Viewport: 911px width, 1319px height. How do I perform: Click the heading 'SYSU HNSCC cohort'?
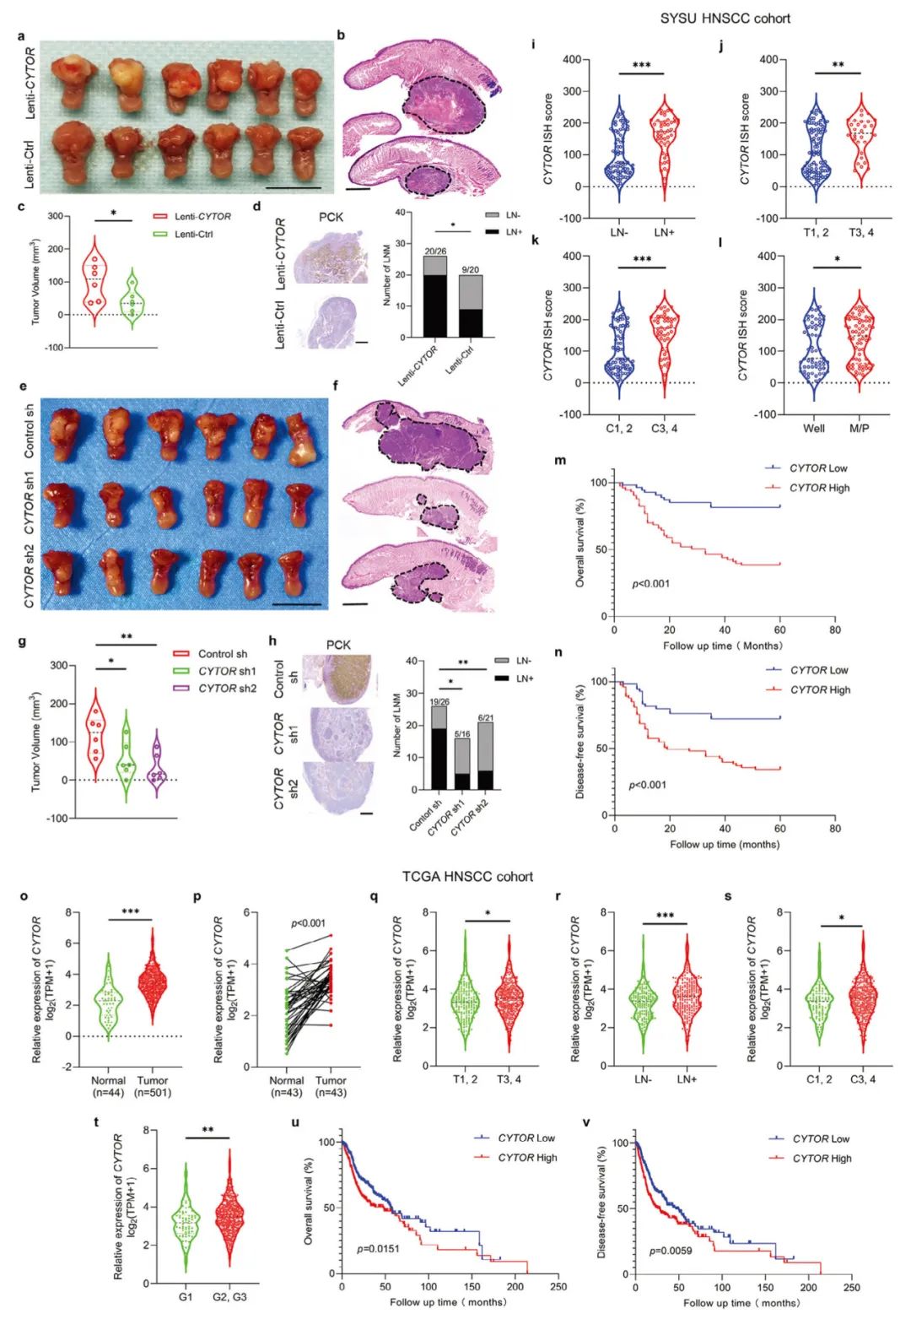pos(725,18)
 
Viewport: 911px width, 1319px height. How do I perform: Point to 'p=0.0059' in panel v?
pos(671,1250)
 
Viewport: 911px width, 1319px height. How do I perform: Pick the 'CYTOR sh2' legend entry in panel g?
pos(227,689)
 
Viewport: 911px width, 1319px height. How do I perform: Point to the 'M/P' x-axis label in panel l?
pos(860,428)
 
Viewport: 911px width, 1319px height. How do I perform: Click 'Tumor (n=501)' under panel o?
pos(153,1085)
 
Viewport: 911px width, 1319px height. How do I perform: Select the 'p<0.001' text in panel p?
pos(308,923)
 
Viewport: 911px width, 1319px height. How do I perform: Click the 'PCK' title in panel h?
pos(338,645)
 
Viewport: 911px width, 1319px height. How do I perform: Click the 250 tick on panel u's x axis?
pos(558,1287)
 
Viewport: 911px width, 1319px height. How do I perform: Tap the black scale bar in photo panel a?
pos(294,187)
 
